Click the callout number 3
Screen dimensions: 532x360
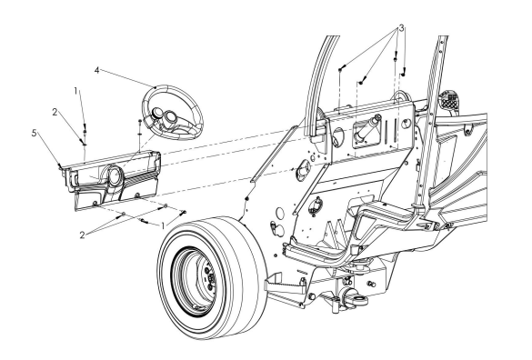[401, 28]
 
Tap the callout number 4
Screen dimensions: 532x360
[97, 71]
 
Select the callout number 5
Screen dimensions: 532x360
[34, 133]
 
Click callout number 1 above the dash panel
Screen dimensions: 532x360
[76, 91]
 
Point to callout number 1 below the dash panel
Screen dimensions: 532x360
[163, 225]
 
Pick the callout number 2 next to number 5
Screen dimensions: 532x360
[55, 112]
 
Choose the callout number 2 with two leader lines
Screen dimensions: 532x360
[82, 235]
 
